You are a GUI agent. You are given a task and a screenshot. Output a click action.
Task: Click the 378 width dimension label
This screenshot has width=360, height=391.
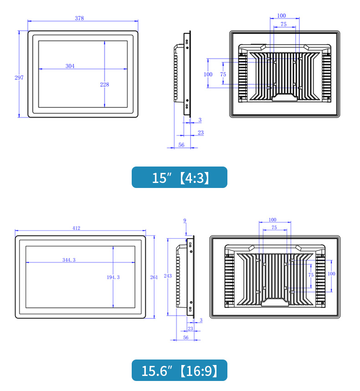[x=79, y=18]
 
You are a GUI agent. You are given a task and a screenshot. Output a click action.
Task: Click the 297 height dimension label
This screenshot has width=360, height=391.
[x=19, y=78]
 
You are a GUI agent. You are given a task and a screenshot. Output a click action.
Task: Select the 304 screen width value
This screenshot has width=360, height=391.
[x=70, y=66]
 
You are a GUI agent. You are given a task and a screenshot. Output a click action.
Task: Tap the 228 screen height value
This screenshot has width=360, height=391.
[x=105, y=84]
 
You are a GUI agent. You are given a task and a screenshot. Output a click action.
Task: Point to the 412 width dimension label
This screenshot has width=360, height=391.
[x=76, y=228]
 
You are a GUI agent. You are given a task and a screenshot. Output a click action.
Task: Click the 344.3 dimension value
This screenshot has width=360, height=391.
[x=69, y=260]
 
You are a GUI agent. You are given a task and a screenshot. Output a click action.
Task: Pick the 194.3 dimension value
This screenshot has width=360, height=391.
[x=113, y=277]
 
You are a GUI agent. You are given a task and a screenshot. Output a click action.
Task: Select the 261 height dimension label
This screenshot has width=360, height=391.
[x=154, y=277]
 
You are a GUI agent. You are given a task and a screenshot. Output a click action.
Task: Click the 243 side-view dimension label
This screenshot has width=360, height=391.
[x=168, y=276]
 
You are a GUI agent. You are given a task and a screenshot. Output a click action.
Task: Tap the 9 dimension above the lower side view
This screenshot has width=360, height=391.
[x=185, y=220]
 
